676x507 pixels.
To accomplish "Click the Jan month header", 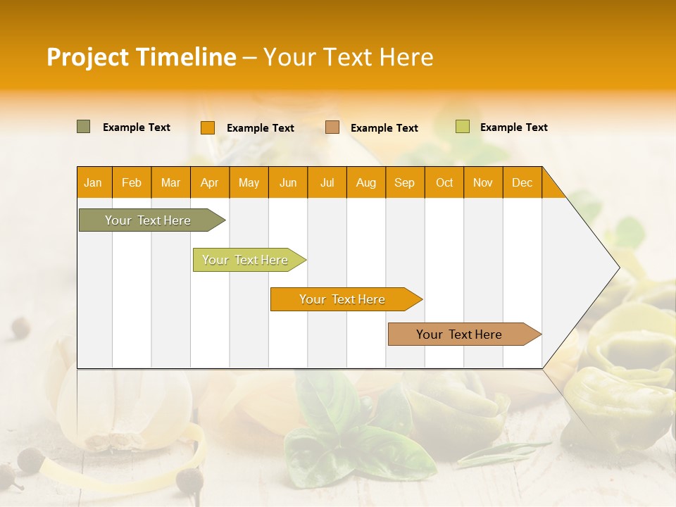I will coord(94,182).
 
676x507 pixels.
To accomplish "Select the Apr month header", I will coord(210,182).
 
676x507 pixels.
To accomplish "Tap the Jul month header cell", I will coord(327,182).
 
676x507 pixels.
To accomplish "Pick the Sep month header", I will coord(405,182).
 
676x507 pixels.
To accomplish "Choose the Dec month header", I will coord(522,182).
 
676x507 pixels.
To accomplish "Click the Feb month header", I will coord(132,182).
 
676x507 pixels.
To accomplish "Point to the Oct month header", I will coord(444,182).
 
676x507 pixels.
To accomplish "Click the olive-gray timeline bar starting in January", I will coord(149,220).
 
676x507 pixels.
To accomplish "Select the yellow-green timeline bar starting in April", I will coord(246,260).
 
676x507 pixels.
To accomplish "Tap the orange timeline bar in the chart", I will coord(343,299).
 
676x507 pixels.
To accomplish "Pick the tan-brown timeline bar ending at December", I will coord(460,334).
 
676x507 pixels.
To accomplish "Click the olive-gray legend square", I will coord(84,127).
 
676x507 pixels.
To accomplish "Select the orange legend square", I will coord(208,127).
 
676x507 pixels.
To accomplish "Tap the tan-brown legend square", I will coord(332,127).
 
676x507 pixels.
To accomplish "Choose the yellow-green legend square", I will coord(462,127).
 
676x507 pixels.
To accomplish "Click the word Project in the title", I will coord(87,57).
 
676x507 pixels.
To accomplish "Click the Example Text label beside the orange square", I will coord(261,128).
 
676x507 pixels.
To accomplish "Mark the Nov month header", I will coord(483,182).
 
